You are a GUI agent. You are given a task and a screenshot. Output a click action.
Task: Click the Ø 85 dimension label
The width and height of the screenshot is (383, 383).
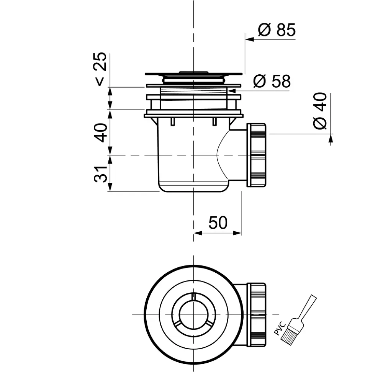(x=277, y=30)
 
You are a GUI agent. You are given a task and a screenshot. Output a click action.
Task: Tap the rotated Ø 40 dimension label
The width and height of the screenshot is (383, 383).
(x=320, y=111)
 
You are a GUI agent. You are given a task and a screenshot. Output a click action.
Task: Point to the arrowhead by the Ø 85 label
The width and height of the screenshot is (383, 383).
(x=249, y=39)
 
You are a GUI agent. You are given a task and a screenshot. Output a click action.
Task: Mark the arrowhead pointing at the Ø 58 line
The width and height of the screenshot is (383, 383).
(x=231, y=91)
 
